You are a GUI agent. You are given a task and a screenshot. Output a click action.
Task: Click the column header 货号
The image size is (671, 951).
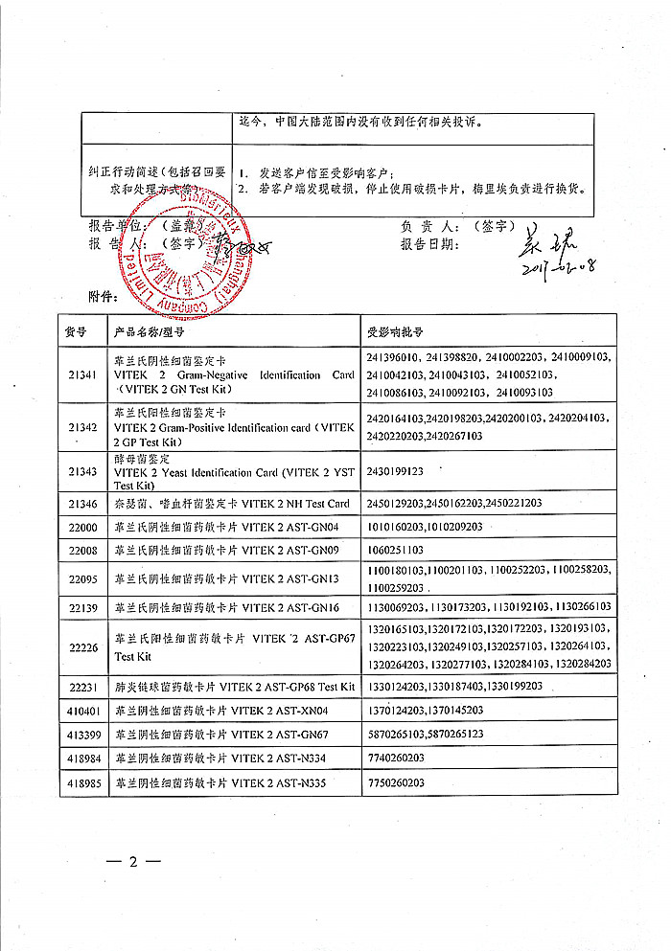[x=76, y=331]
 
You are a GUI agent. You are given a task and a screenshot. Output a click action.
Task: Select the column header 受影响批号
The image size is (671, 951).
[x=395, y=331]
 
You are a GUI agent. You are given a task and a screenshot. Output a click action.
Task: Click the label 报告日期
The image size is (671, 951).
[x=429, y=244]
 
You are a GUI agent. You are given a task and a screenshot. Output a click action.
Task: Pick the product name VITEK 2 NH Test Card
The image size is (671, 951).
[x=232, y=503]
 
